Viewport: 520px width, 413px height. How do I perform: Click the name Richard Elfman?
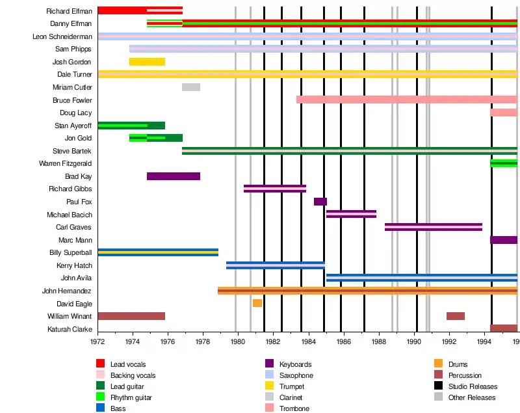69,11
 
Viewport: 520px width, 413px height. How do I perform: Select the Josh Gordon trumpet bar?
147,62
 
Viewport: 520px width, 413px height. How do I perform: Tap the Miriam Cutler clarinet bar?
190,87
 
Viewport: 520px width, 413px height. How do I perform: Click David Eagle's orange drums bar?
257,303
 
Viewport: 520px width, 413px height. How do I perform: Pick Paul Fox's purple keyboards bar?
320,202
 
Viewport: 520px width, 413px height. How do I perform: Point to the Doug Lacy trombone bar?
504,113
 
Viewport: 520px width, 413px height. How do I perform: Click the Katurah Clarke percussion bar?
504,328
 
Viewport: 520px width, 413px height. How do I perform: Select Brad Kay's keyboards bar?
174,176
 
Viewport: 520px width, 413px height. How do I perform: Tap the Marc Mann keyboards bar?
504,240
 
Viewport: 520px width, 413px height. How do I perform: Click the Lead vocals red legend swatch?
101,364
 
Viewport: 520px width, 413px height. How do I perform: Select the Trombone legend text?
294,408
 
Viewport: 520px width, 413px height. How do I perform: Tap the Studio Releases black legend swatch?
439,386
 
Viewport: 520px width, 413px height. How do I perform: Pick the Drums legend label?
458,364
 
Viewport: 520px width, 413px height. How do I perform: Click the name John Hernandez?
67,291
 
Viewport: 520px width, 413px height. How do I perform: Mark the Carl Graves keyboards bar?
434,227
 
